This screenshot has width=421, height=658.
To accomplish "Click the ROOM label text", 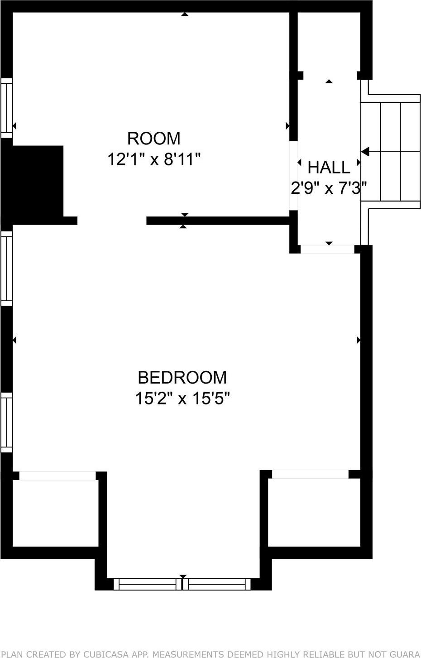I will click(153, 138).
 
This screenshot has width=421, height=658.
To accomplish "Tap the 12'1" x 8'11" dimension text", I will click(153, 159).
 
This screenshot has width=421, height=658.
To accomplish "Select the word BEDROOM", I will click(182, 377).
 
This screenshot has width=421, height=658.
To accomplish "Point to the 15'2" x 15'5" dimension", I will click(182, 399).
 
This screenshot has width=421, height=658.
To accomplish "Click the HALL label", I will click(329, 168).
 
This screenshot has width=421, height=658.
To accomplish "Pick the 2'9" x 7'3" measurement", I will click(328, 187).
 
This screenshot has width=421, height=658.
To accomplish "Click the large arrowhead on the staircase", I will click(365, 151).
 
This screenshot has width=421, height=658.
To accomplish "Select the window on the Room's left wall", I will click(6, 108).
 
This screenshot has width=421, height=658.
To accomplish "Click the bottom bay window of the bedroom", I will click(182, 584).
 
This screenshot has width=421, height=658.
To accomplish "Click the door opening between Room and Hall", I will click(294, 175).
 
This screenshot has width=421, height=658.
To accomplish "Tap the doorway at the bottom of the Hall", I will click(327, 249).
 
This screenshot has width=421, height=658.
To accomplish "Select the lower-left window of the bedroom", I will click(6, 422).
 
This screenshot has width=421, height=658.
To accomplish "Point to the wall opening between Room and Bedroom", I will click(112, 221).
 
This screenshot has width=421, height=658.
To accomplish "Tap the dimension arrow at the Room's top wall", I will click(184, 14).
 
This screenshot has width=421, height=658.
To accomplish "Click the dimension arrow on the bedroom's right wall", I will click(359, 340).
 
